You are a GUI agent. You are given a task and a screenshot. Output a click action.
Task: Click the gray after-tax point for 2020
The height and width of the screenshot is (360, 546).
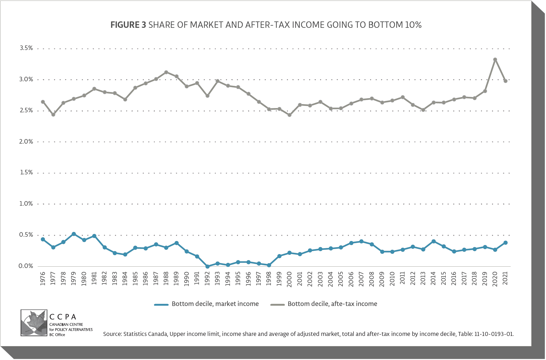coord(495,60)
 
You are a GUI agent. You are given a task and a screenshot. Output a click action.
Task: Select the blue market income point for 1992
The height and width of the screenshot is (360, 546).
coord(207,266)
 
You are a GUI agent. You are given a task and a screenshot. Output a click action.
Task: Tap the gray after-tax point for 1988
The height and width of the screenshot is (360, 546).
coord(166,72)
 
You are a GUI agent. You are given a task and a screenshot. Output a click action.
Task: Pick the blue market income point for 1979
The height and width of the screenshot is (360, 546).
coord(74,234)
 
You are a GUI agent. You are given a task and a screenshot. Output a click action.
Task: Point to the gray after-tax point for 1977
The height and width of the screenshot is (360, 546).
coord(53,115)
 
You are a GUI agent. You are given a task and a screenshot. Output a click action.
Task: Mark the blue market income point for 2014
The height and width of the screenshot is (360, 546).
coord(433,242)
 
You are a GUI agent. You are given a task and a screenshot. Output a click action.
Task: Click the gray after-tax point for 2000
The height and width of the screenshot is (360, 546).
coord(289,115)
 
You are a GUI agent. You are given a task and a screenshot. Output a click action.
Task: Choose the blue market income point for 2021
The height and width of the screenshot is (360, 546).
coord(505,243)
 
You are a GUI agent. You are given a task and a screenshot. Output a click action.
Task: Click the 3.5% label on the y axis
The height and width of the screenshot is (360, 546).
coord(26,48)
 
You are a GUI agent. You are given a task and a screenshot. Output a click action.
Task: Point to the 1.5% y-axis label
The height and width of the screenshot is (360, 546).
coord(26,173)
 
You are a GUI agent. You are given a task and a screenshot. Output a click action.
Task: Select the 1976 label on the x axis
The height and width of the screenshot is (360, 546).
coord(43,279)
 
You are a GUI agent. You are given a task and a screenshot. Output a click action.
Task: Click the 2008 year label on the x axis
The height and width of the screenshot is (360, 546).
coord(372,279)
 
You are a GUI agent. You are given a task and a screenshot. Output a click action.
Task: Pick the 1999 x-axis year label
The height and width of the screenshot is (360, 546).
coord(279,279)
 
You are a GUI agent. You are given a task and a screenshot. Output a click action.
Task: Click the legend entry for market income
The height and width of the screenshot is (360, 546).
coord(215,304)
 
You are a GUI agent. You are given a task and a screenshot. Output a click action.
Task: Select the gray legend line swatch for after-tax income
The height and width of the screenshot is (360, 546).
coord(278,304)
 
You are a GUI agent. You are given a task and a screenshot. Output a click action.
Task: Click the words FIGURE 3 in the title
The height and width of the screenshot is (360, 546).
coord(128,25)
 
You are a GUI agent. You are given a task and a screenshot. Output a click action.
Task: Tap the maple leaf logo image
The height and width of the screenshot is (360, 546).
coord(34,323)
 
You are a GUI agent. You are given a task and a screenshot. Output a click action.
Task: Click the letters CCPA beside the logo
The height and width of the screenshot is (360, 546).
coord(63,317)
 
